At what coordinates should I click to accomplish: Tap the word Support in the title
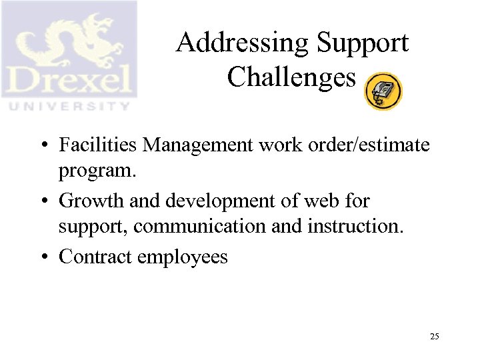(x=363, y=44)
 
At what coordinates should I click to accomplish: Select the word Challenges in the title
(x=291, y=77)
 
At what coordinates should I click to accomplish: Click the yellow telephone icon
(x=383, y=92)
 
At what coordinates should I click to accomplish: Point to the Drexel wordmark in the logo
(x=69, y=81)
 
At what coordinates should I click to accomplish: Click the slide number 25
(x=434, y=337)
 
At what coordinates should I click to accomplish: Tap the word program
(x=98, y=172)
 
